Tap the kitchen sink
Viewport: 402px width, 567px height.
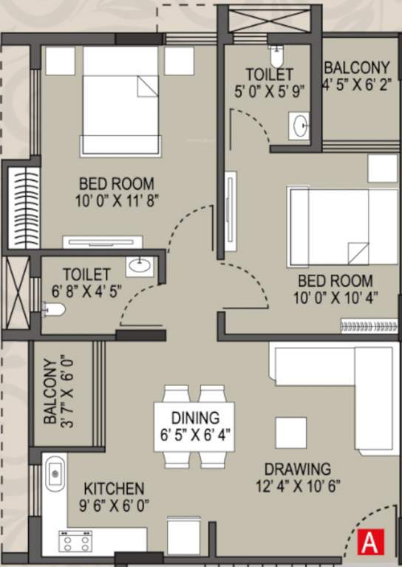55,473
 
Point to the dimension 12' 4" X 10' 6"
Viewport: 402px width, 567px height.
298,487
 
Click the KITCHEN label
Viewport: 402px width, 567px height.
113,489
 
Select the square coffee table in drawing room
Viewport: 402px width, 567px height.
290,433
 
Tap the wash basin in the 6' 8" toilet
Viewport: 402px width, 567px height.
138,265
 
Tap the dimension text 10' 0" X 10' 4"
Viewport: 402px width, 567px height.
335,298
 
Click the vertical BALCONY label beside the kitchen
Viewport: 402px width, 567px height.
50,392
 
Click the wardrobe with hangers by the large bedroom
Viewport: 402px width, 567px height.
19,210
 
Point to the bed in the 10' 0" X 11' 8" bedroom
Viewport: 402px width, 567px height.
120,100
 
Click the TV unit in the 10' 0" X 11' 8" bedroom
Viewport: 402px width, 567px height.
101,241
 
